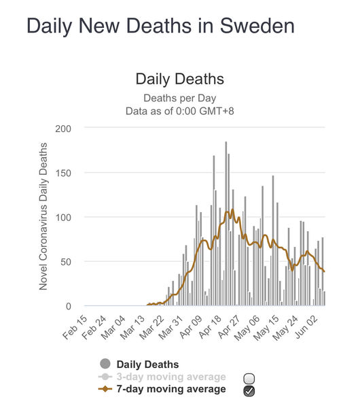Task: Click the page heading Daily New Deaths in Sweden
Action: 160,26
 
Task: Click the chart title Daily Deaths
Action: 179,79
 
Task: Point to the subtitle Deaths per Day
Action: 179,99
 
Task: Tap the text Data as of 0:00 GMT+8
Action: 179,111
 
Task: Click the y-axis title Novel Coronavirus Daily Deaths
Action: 43,216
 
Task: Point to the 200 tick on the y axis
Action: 63,129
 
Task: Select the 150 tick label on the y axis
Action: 63,173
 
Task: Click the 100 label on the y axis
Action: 63,218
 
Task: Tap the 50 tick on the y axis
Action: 66,262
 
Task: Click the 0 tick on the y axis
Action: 69,306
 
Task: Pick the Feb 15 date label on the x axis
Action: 75,327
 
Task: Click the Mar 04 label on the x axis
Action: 113,328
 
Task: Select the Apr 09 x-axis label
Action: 190,327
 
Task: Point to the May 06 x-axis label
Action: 247,328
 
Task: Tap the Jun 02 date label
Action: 306,327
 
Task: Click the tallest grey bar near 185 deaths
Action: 226,224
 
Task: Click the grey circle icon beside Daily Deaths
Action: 105,364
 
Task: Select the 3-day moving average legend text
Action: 171,377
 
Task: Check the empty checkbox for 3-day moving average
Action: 249,379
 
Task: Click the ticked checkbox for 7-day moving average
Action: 249,391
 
